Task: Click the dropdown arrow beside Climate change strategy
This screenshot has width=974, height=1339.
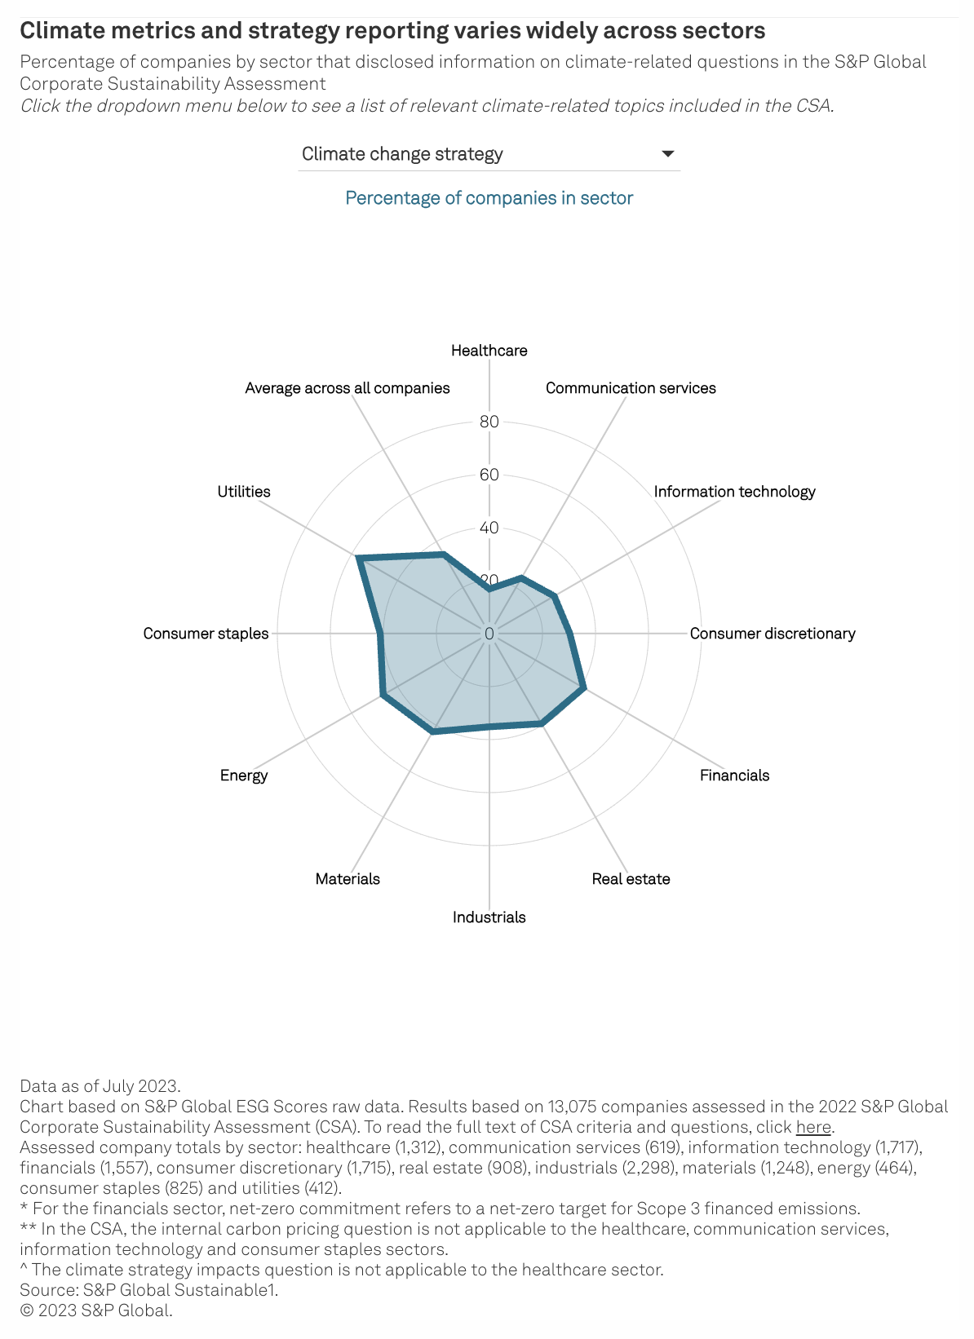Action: (667, 154)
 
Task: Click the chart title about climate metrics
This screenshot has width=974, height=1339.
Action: (392, 31)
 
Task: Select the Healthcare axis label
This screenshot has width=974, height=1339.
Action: (489, 351)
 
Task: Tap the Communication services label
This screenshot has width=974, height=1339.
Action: (631, 388)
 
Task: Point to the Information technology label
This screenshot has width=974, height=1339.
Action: (734, 492)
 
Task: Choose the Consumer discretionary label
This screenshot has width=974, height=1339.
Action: (773, 634)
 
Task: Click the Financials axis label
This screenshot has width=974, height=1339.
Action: (734, 776)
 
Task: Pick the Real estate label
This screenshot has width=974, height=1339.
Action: (631, 879)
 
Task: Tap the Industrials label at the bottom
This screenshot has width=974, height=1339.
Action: (489, 917)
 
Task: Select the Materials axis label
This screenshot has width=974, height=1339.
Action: (348, 879)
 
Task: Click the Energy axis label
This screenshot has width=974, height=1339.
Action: (244, 776)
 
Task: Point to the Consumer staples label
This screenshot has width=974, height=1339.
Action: (206, 634)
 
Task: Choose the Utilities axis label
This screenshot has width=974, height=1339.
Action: (244, 492)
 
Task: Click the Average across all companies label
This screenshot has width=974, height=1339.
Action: (348, 388)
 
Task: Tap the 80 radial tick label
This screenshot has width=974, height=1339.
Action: (489, 422)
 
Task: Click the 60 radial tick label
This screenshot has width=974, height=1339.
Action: (489, 475)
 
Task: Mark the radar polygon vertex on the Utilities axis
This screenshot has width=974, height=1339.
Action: (358, 559)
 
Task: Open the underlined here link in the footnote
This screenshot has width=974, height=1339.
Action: (813, 1128)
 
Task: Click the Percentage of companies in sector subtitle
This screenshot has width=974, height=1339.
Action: (489, 198)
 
